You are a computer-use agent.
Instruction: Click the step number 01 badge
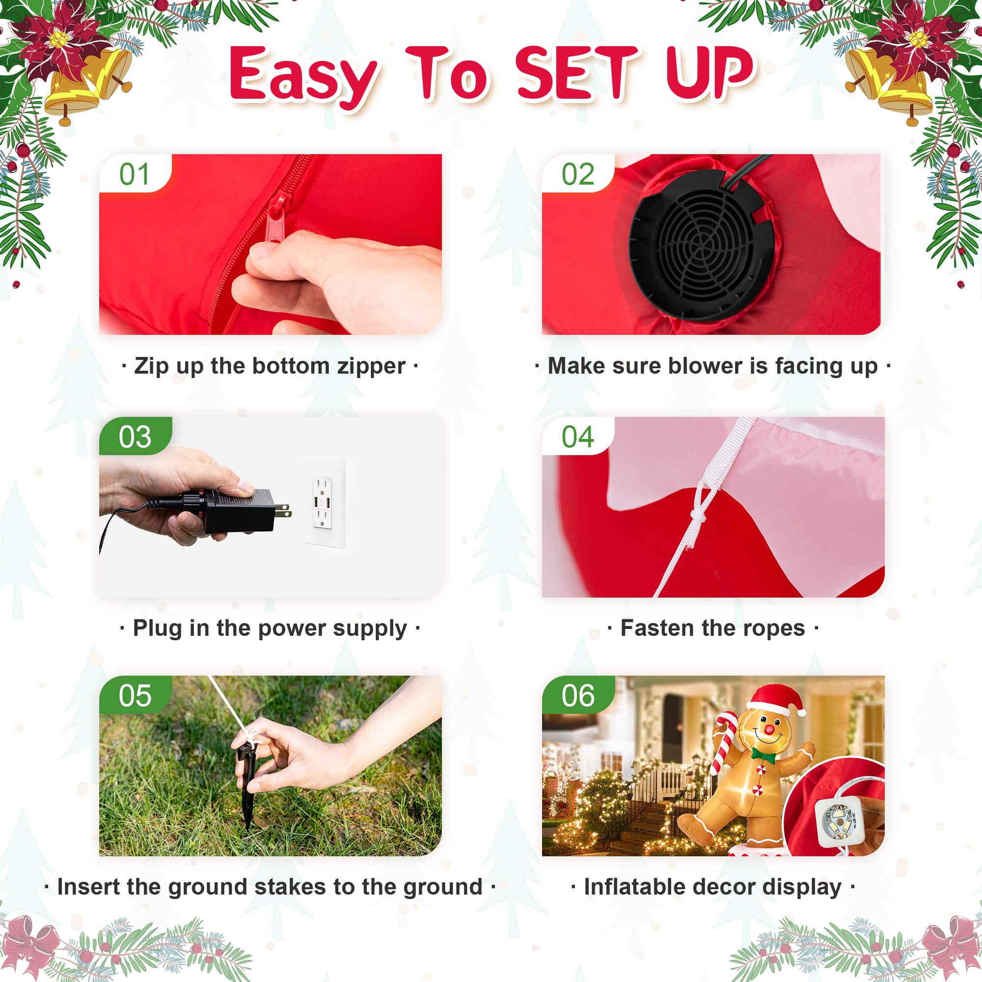pos(135,173)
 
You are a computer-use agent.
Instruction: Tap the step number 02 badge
pos(578,173)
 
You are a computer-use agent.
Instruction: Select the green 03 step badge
pos(135,436)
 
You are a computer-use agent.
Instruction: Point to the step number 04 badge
pos(578,436)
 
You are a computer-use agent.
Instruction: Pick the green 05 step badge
pos(135,695)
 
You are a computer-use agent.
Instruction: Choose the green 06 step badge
pos(578,695)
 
